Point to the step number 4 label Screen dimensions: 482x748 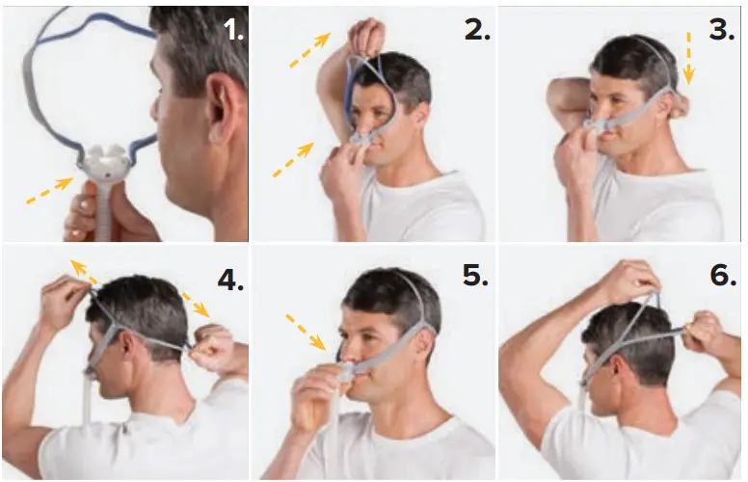(230, 279)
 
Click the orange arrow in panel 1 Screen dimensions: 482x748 (50, 190)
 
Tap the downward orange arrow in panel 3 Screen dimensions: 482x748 (688, 57)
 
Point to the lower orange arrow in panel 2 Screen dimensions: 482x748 (293, 160)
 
